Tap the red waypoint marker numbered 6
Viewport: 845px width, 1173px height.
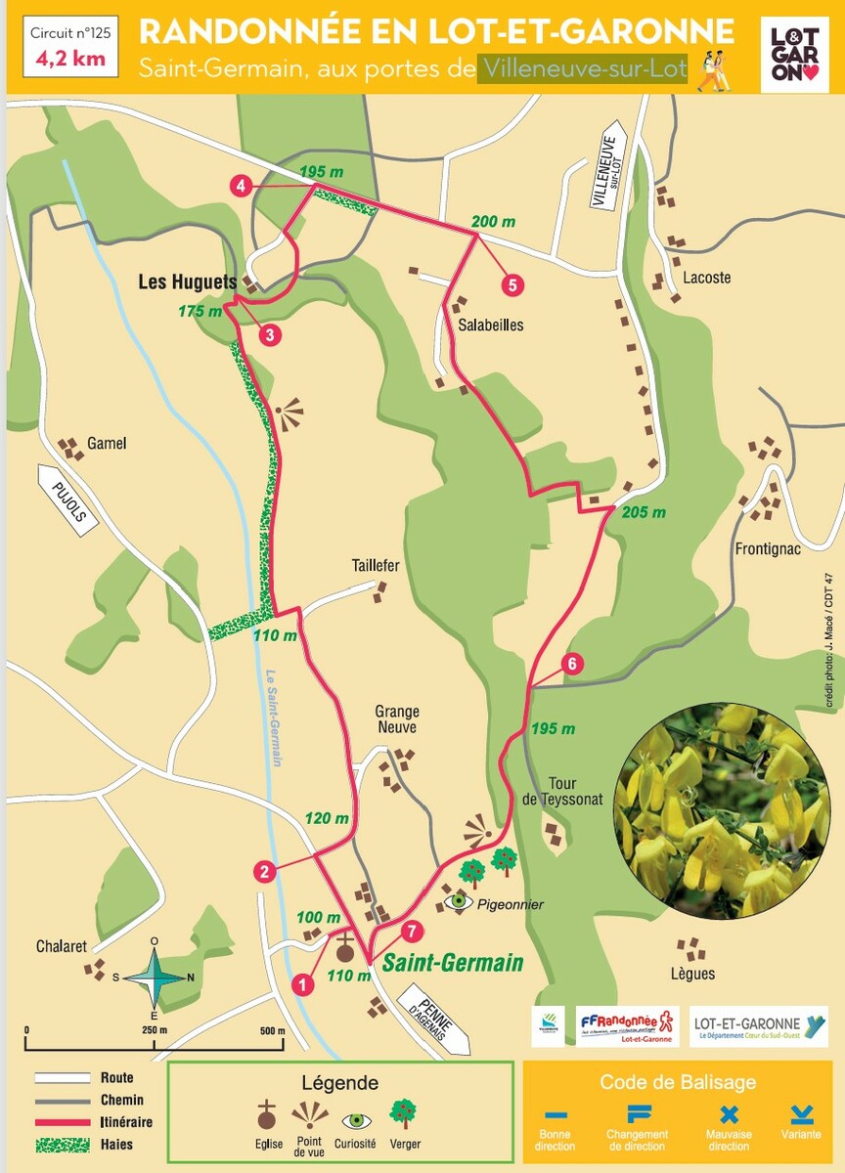click(x=574, y=664)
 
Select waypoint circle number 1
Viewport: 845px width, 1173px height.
click(x=303, y=983)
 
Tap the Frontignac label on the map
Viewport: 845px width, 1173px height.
click(x=768, y=548)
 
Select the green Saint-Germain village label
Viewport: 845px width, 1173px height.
click(x=452, y=962)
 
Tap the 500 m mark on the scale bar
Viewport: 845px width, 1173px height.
click(x=273, y=1031)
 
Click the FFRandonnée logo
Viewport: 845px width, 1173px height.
click(x=627, y=1025)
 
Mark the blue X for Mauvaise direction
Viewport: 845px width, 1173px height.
click(x=729, y=1113)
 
